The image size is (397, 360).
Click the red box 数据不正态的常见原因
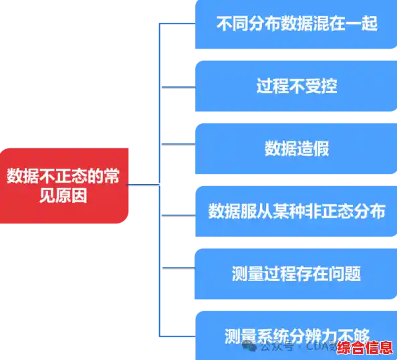(x=64, y=185)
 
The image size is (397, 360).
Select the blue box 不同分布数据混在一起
(x=295, y=25)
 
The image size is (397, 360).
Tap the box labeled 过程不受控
(x=295, y=86)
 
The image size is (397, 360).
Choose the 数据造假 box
(x=295, y=148)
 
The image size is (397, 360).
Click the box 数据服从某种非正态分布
(x=295, y=211)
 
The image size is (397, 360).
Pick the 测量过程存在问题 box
(x=295, y=274)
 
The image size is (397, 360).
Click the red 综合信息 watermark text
(x=364, y=348)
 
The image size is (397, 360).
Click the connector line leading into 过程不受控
(x=176, y=87)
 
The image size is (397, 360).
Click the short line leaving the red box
(x=142, y=184)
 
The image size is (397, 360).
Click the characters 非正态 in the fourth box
(x=328, y=211)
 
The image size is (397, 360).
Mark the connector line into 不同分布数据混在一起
(x=176, y=25)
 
